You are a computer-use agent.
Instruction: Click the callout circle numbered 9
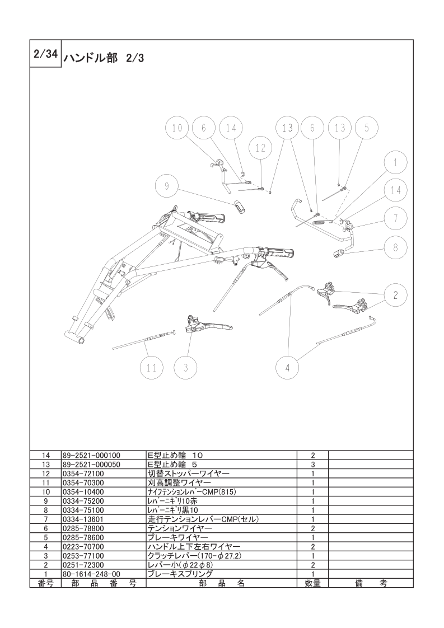click(167, 185)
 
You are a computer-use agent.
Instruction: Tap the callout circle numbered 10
click(177, 128)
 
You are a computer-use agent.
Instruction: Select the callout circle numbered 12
click(260, 148)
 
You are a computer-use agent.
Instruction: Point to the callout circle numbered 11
click(152, 367)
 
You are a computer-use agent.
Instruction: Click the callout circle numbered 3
click(185, 367)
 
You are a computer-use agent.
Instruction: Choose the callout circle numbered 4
click(288, 367)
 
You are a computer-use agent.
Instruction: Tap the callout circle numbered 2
click(395, 295)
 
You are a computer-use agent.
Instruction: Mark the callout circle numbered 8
click(395, 247)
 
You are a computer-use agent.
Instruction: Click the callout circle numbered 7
click(395, 219)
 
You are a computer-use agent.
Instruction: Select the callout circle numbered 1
click(395, 162)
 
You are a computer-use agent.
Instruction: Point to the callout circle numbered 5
click(366, 128)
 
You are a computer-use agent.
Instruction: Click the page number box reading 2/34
click(45, 54)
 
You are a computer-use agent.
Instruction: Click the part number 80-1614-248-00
click(91, 574)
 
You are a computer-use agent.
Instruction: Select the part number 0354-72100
click(83, 474)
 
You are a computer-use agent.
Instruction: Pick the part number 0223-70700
click(83, 547)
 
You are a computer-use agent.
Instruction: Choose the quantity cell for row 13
click(312, 465)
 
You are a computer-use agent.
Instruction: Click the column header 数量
click(312, 583)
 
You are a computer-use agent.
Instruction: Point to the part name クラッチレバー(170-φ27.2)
click(195, 556)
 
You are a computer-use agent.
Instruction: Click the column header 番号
click(45, 583)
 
